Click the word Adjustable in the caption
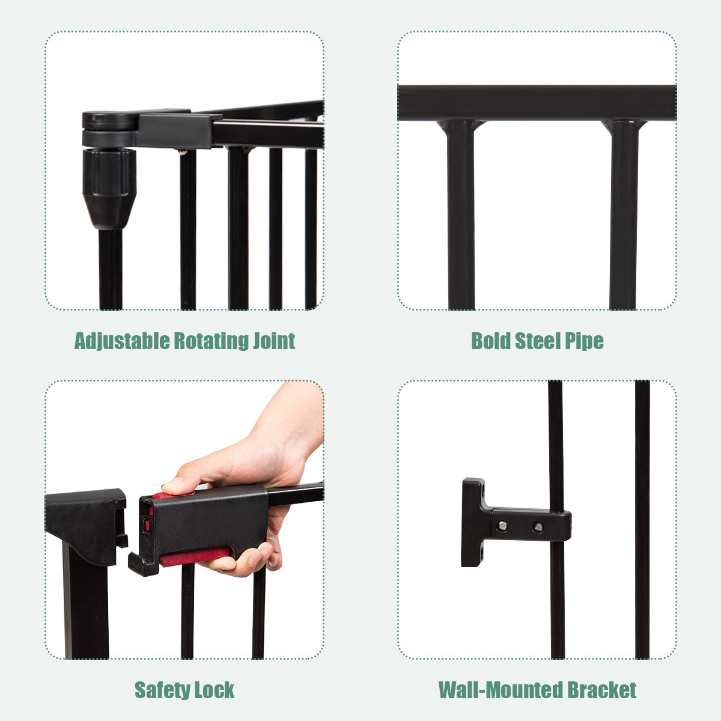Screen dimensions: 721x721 coord(121,341)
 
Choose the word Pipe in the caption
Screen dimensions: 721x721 coord(584,341)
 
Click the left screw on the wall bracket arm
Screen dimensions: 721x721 coord(503,526)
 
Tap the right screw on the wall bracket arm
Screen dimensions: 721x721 coord(538,527)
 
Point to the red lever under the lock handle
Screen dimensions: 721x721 coord(195,556)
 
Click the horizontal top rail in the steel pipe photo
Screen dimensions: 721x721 coord(537,103)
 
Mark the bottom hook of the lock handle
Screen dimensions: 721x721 coord(144,564)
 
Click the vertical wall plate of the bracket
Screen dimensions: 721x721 coord(473,523)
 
